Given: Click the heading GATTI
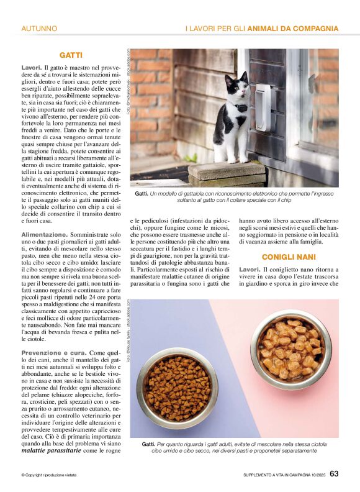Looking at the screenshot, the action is click(71, 55).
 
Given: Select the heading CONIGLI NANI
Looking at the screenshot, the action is click(288, 257).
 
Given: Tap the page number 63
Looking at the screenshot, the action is click(334, 474).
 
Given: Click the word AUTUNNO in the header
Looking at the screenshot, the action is click(39, 29).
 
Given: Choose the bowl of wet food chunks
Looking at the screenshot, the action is click(291, 350).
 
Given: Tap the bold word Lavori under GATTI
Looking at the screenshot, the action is click(32, 66).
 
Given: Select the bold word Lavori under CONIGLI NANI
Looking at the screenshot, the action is click(250, 268).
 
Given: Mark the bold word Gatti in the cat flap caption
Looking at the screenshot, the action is click(142, 194).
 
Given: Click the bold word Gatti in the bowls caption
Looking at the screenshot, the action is click(148, 444).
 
